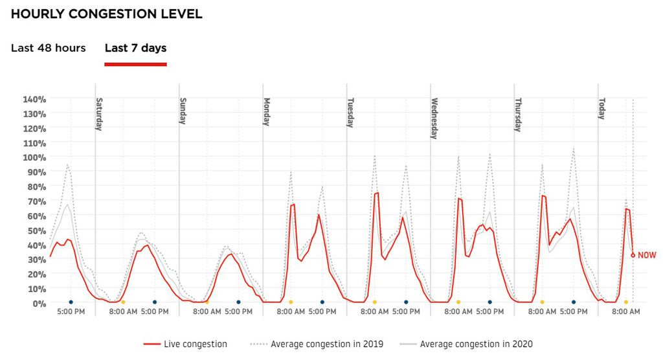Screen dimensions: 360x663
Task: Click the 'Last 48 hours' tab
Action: click(49, 49)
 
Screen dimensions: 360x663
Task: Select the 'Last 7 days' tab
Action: click(135, 49)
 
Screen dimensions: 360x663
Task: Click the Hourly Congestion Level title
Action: click(107, 14)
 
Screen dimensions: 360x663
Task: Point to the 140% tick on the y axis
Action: click(34, 99)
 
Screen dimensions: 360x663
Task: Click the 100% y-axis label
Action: click(34, 157)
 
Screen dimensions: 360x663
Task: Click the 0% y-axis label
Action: click(39, 303)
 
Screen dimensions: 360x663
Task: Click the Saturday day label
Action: click(100, 114)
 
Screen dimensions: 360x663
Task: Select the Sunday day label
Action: click(183, 111)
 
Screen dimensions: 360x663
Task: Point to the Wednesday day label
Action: click(434, 118)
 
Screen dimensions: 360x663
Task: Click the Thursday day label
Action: click(518, 115)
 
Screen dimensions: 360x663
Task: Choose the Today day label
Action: click(601, 109)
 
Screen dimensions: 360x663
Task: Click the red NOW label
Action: click(647, 256)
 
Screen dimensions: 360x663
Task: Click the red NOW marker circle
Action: click(633, 255)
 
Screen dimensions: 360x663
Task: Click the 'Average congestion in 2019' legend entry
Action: click(315, 344)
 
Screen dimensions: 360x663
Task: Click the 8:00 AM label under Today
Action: click(626, 312)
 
